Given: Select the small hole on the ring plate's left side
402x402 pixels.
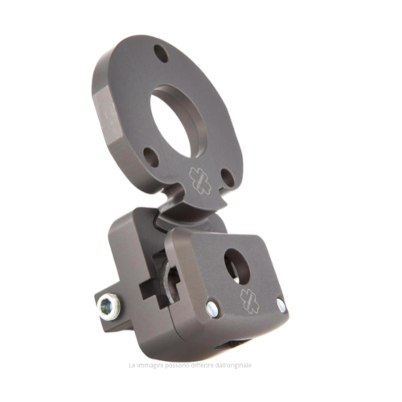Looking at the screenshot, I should (x=150, y=155).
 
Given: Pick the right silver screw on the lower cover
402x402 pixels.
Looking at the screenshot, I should (x=281, y=306).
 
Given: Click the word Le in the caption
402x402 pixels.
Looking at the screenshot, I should (x=133, y=365).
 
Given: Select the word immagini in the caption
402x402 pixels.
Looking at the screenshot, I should (x=150, y=365).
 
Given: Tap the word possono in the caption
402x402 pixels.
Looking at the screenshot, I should (x=179, y=365).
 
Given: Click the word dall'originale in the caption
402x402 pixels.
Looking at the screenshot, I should (x=236, y=365).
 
